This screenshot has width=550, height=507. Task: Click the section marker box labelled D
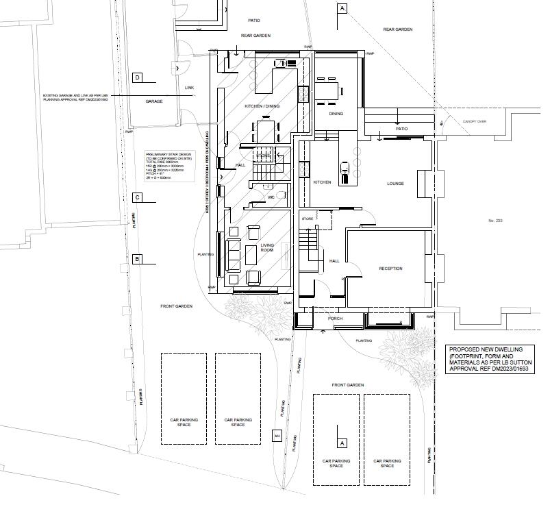coord(137,77)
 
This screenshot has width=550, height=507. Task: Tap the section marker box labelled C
coord(137,198)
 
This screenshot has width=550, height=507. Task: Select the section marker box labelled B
coord(137,259)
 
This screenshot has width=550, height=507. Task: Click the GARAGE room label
coord(154,101)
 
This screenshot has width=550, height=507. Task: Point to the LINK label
coord(190,88)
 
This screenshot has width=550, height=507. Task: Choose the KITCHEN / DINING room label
coord(262,106)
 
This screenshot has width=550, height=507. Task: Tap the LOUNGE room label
coord(395,184)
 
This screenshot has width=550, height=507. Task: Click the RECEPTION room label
coord(390,269)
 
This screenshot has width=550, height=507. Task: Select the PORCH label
coord(336,318)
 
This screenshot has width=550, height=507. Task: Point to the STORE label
coord(307,219)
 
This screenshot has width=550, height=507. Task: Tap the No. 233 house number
coord(495,220)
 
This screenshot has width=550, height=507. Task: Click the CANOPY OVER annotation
coord(474,121)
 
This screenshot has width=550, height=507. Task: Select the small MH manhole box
coord(277,436)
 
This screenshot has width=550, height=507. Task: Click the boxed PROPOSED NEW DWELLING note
coord(490,359)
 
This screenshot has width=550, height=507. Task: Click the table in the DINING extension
coord(329,91)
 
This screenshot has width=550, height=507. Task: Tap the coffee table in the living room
coord(251,254)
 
